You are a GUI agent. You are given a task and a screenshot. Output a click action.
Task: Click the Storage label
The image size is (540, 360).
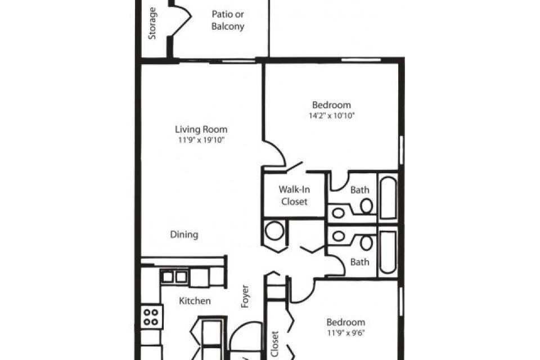tap(152, 24)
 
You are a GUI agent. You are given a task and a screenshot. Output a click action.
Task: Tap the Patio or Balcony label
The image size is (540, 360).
tap(228, 20)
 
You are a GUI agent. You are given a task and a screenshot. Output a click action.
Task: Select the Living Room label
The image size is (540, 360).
tap(201, 129)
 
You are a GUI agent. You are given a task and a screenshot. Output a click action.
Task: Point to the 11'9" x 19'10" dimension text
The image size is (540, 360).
tap(201, 140)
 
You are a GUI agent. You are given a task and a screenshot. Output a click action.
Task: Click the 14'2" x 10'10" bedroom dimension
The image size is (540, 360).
tap(332, 115)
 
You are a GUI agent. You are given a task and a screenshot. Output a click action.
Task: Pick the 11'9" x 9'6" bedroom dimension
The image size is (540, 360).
tap(346, 333)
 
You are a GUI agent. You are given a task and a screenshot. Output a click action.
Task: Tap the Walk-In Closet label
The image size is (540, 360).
tap(294, 195)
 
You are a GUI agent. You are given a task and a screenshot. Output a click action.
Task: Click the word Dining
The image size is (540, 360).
tap(184, 235)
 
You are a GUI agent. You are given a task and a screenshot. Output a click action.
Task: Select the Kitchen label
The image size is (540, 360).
tap(195, 301)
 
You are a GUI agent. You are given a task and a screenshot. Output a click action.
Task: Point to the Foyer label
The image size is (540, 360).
tap(245, 296)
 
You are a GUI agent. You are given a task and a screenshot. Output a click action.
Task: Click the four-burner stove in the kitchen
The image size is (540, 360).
tap(151, 317)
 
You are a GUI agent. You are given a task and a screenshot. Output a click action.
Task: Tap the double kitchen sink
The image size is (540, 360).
tap(174, 277)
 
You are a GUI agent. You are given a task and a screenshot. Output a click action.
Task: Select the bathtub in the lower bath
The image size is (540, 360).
tap(388, 252)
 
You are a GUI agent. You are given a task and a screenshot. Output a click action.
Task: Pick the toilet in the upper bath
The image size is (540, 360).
tap(366, 206)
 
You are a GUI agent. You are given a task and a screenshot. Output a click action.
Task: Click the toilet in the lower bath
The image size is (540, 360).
tap(366, 243)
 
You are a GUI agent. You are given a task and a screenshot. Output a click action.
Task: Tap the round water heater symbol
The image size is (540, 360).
tap(274, 231)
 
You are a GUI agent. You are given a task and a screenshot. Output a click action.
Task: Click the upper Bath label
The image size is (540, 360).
tap(359, 190)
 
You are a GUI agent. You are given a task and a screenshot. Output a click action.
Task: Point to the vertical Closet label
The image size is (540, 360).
tap(274, 344)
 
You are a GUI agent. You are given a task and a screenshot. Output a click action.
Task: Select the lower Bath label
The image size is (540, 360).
tap(359, 262)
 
